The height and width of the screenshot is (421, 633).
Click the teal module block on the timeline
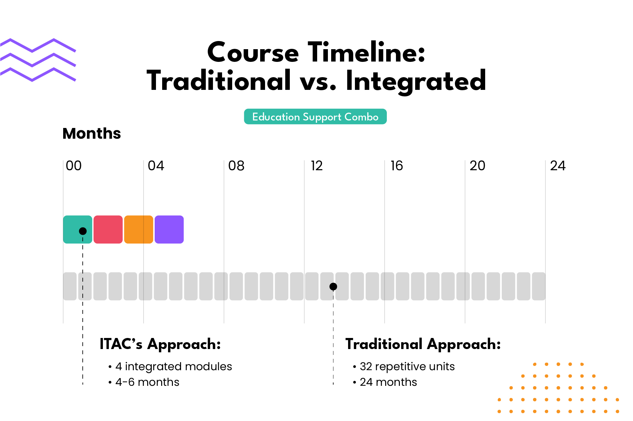77,229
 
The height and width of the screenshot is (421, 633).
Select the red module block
108,229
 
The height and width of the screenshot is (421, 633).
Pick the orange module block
139,229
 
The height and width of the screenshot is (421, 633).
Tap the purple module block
169,229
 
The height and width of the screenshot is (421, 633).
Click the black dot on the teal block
83,231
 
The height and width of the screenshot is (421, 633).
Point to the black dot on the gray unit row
333,287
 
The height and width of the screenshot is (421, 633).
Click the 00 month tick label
74,166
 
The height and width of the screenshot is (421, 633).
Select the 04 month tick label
156,166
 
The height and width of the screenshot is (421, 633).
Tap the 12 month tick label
317,166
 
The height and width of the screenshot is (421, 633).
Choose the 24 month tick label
558,166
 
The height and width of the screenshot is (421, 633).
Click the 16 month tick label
397,166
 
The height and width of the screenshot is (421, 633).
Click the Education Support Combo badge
315,117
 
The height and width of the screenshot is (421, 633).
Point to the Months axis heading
91,133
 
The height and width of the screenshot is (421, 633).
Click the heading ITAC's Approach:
160,344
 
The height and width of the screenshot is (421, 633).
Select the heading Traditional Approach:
423,344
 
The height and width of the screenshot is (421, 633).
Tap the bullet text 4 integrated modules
174,366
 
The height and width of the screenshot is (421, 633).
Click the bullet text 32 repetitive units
407,366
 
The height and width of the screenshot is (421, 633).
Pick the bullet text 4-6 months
147,382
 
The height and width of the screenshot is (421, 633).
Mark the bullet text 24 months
388,382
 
